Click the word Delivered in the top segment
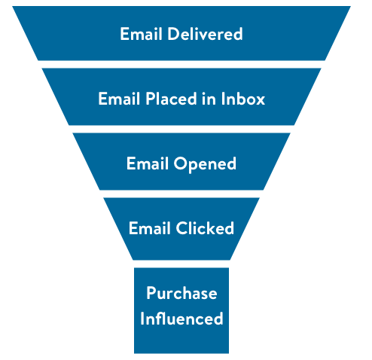205,34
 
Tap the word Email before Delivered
141,34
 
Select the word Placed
171,99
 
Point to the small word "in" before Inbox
209,99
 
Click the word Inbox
243,99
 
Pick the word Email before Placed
119,99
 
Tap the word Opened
205,164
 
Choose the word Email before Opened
148,163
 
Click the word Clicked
205,228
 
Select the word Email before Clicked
150,228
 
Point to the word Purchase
181,293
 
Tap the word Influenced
181,319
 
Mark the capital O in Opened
181,163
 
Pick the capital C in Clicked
182,228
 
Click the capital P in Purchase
151,293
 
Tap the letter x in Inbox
260,100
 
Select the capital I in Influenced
142,319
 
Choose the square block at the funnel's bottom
181,310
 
